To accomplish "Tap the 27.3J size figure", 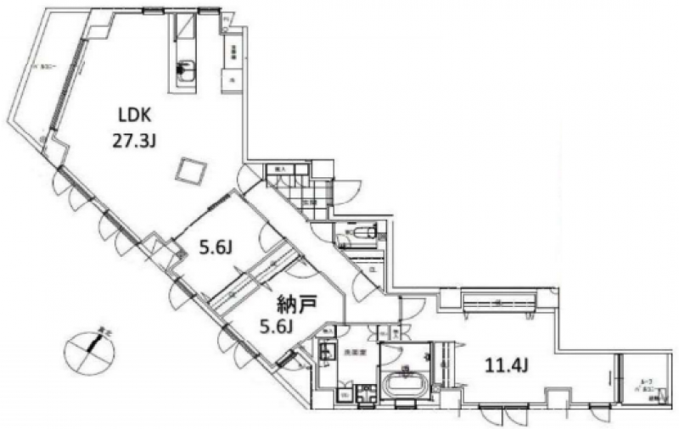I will (133, 142).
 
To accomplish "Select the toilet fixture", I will (362, 231).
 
